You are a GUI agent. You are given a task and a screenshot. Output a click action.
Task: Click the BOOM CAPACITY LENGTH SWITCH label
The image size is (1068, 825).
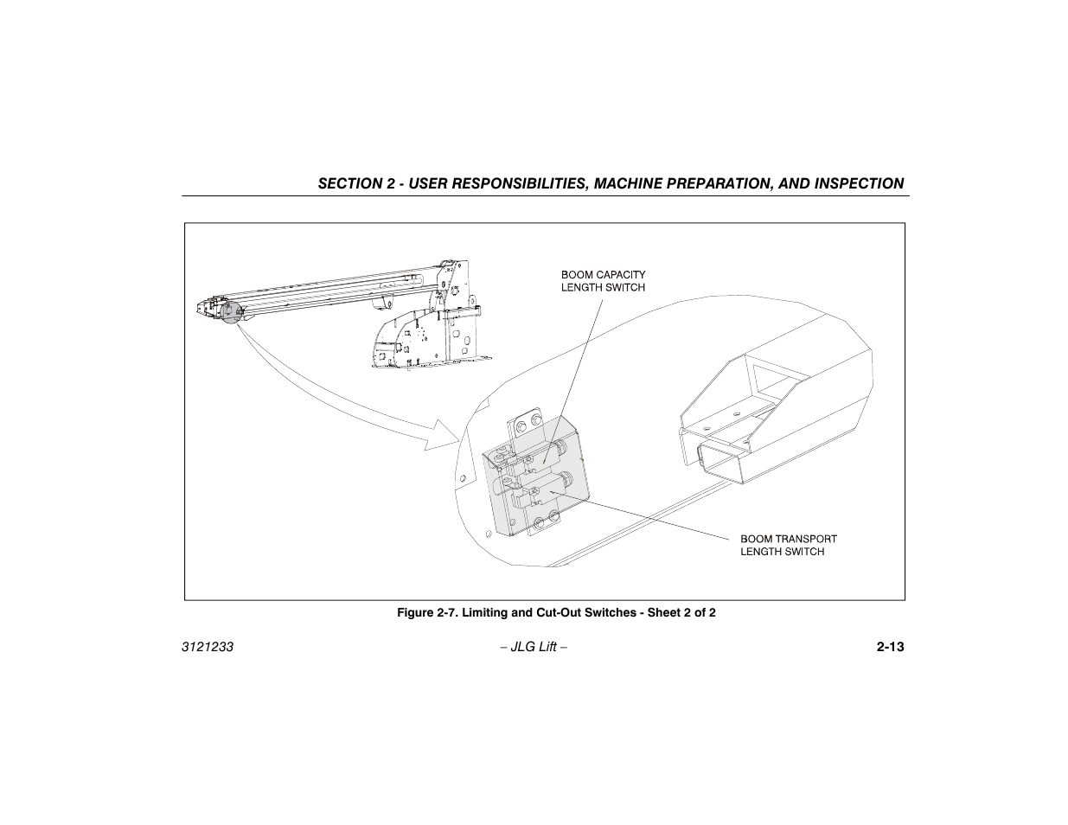pos(603,281)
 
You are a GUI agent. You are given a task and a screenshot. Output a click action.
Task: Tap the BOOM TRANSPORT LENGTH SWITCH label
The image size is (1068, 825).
pos(788,545)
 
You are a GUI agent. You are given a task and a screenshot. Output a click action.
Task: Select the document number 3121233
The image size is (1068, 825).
pos(208,647)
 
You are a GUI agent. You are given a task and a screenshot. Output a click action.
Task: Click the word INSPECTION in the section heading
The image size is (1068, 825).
pos(858,183)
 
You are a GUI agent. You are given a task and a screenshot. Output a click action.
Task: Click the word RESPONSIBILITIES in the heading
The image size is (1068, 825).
pos(484,183)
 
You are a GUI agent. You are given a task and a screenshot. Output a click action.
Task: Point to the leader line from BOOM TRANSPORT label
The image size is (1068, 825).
pos(649,519)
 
